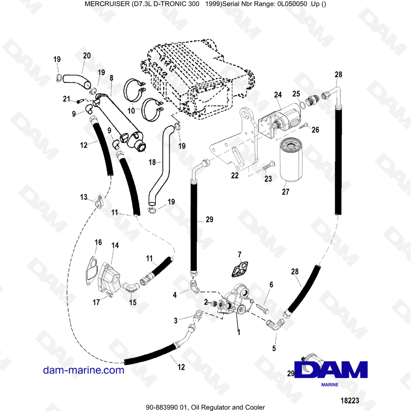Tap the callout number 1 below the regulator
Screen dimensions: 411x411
pos(238,330)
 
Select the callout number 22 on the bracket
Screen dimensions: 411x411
pos(234,175)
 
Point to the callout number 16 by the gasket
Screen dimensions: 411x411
pos(98,242)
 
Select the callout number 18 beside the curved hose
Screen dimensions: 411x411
pos(152,162)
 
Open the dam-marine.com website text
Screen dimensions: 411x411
pos(83,370)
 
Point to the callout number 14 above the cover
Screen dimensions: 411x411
pos(115,245)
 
